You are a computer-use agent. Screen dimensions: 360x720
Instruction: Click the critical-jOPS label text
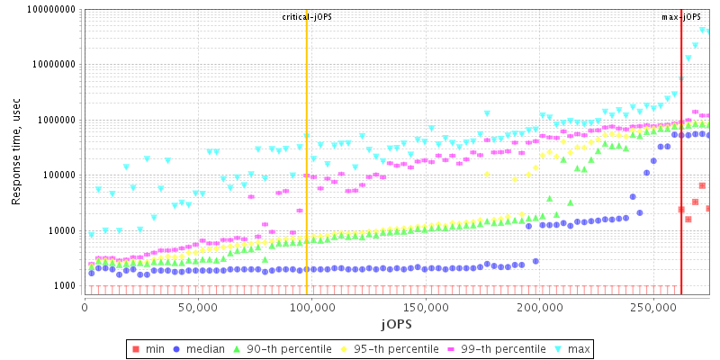click(307, 17)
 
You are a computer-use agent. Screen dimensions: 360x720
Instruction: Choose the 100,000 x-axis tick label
click(311, 306)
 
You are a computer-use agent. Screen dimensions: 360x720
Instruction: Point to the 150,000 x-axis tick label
click(425, 306)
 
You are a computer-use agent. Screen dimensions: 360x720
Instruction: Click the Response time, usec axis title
click(17, 151)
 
